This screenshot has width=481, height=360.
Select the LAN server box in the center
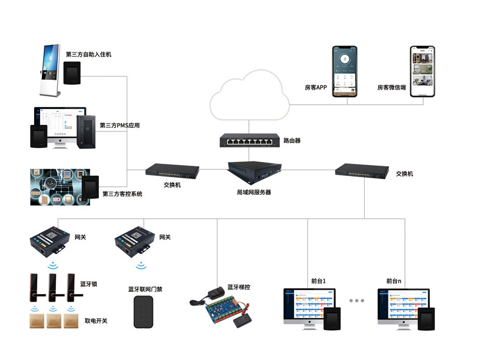coord(253,170)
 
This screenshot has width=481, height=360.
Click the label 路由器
coord(292,141)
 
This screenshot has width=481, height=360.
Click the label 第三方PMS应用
coord(119,126)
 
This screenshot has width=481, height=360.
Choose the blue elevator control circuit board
coord(226,309)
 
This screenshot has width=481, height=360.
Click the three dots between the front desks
coord(356,301)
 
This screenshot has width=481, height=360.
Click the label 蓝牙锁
coord(89,284)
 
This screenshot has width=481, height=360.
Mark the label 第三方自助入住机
coord(88,54)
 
